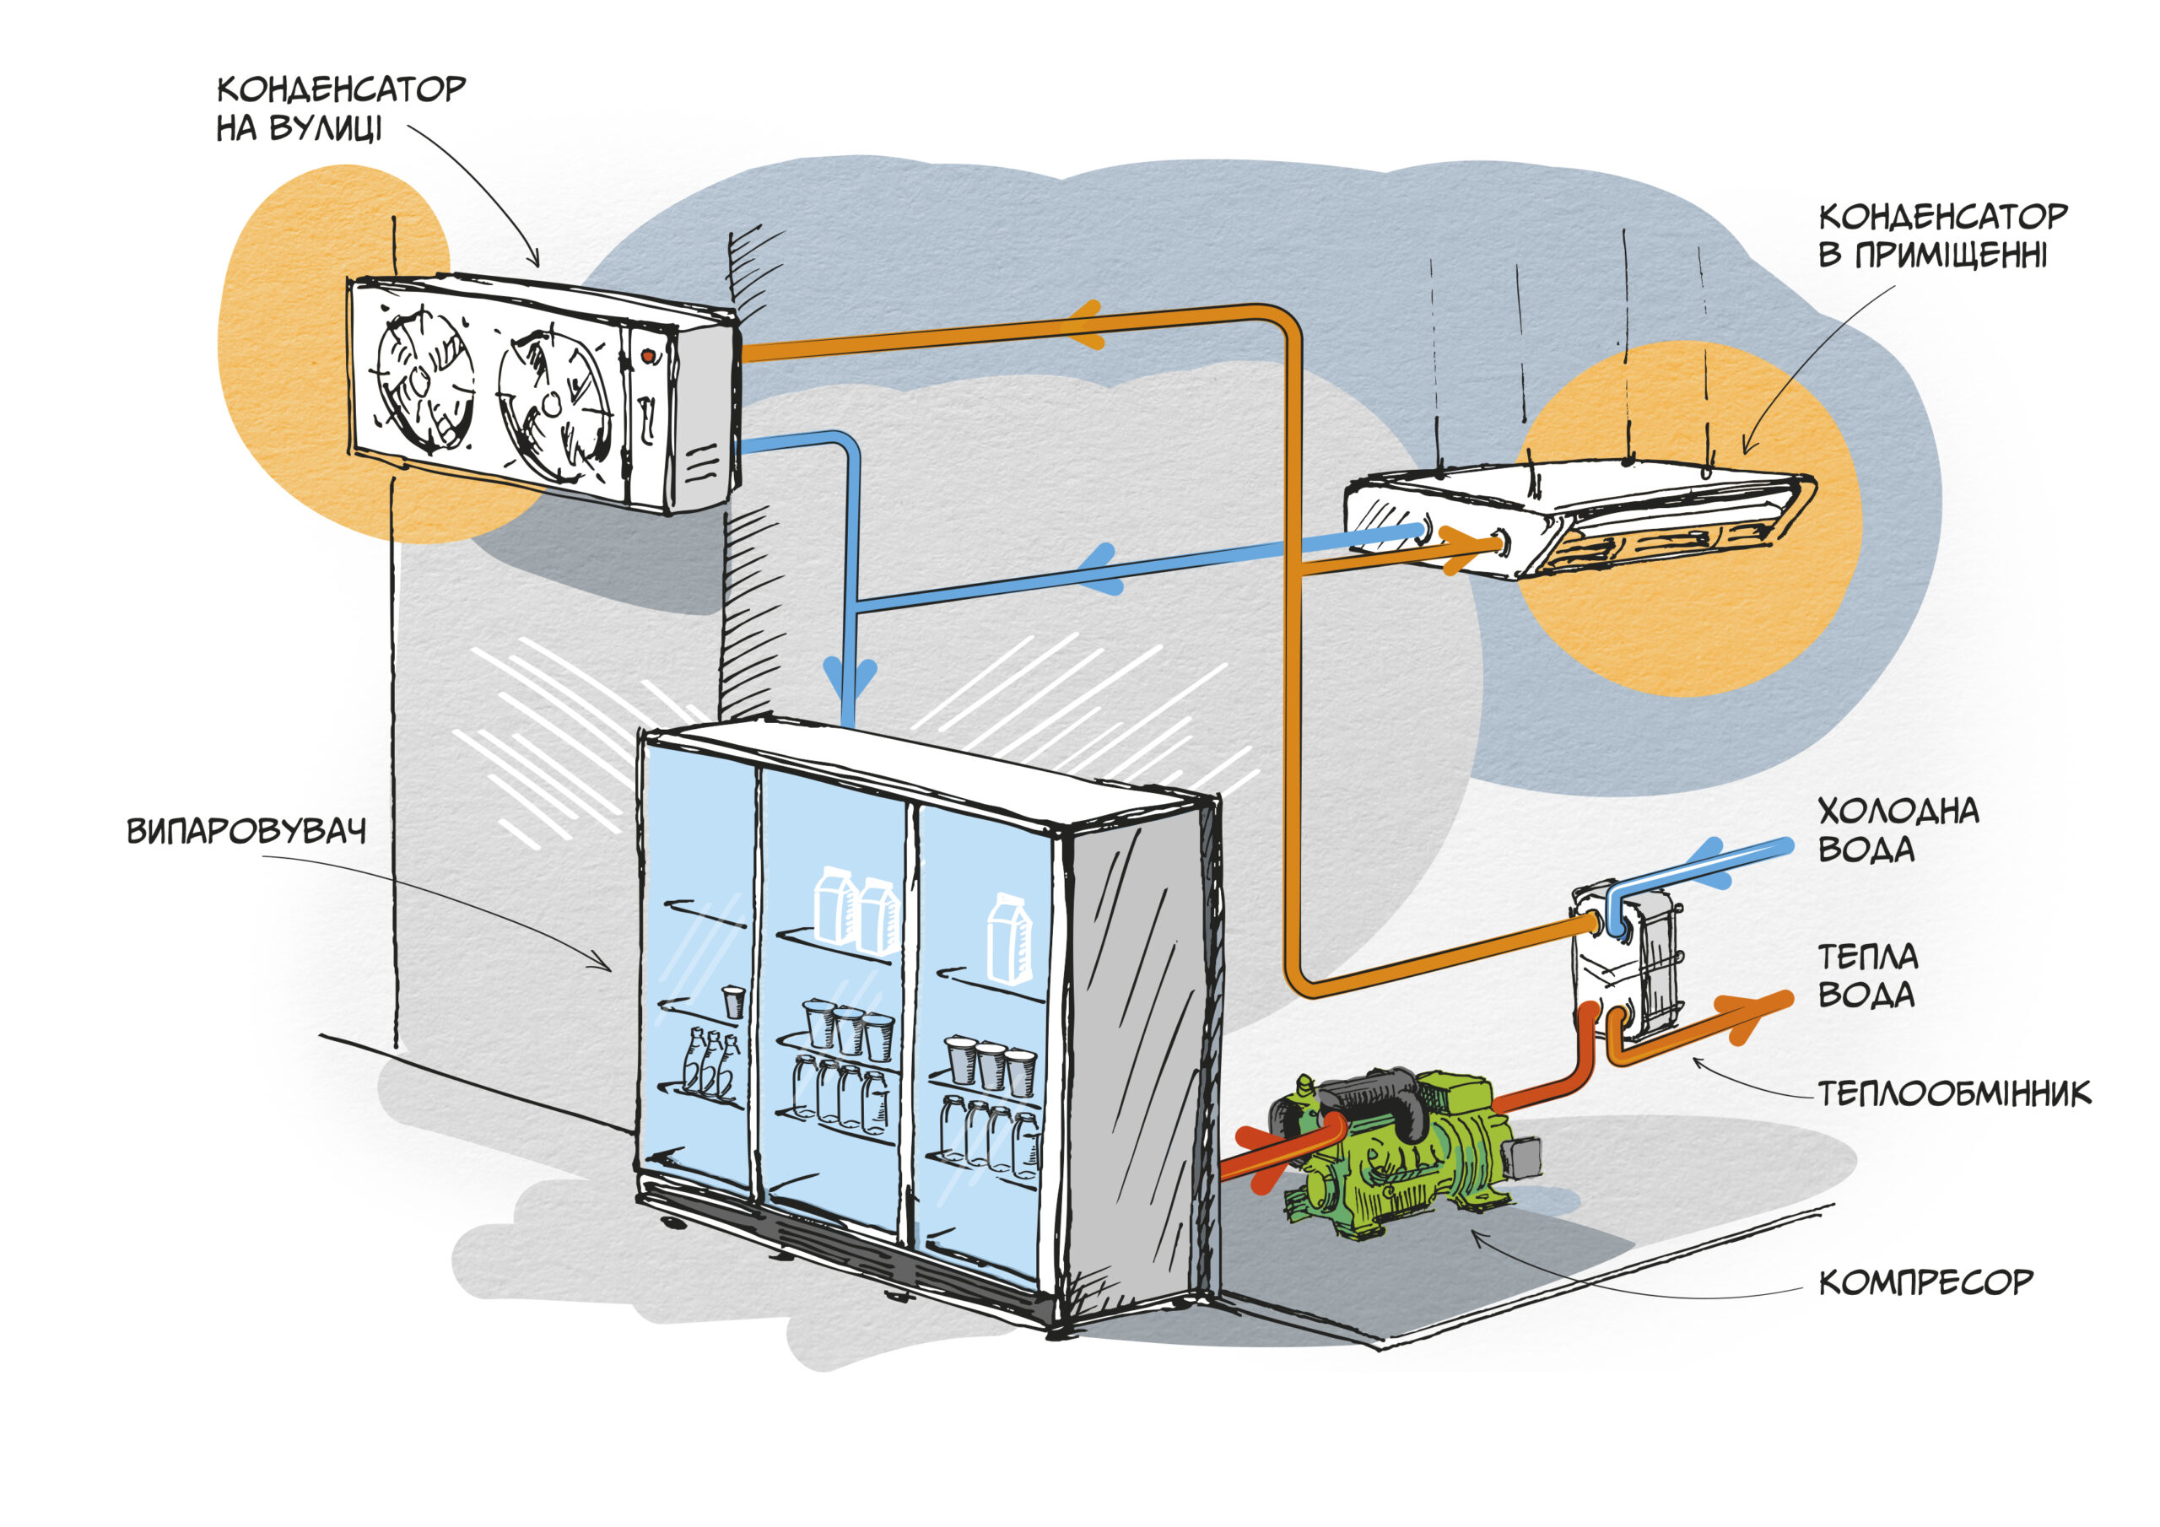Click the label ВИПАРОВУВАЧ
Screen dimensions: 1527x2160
(x=246, y=832)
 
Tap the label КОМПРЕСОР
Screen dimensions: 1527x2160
(x=1925, y=1282)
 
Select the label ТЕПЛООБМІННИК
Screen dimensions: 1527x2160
(x=1954, y=1093)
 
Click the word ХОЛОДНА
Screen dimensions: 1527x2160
(x=1898, y=811)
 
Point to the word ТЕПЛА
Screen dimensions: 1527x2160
(x=1867, y=957)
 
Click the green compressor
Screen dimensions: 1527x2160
(x=1392, y=1152)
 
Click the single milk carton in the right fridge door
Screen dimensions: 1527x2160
(x=1008, y=939)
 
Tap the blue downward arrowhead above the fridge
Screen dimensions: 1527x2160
(x=850, y=676)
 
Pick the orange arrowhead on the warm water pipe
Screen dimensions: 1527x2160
(x=1745, y=1018)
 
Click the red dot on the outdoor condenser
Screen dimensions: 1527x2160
(x=648, y=356)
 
